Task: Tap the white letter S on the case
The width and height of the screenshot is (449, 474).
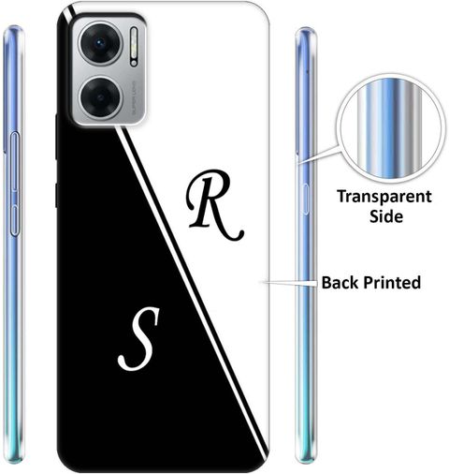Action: tap(139, 339)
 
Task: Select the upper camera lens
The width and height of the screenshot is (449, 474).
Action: tap(100, 43)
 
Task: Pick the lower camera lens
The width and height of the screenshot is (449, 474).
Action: tap(100, 97)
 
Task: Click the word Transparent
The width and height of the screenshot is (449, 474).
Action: tap(384, 197)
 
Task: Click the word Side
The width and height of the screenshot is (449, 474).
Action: tap(386, 216)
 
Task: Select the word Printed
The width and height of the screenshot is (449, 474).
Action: tap(392, 283)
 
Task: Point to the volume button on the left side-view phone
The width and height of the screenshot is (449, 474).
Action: tap(15, 162)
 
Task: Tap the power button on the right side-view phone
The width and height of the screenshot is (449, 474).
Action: tap(305, 199)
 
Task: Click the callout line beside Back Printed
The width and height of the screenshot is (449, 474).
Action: tap(291, 283)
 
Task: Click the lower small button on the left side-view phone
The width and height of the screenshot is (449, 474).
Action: tap(15, 220)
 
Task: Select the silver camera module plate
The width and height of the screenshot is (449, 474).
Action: tap(109, 70)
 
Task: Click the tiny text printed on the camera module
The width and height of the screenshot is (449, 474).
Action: tap(135, 96)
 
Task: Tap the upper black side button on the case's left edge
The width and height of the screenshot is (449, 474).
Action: tap(56, 137)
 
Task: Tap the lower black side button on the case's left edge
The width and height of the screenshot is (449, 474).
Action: tap(56, 196)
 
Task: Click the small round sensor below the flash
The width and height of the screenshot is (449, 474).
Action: tap(134, 63)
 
